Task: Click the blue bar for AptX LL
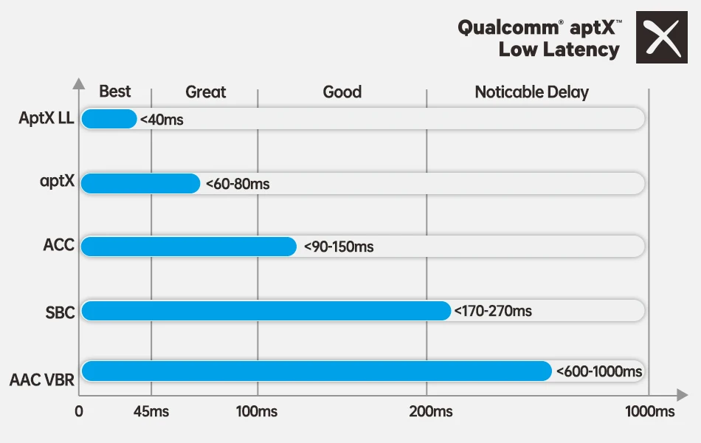click(108, 119)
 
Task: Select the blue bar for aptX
click(140, 183)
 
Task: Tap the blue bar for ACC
click(188, 247)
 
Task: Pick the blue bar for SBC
click(266, 311)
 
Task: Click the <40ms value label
click(162, 120)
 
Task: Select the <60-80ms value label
click(238, 184)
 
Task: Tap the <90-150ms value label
click(339, 247)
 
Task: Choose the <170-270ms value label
click(493, 311)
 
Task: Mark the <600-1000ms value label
click(599, 371)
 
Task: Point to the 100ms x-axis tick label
click(257, 411)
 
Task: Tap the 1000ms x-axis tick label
click(649, 411)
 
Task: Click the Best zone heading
click(114, 92)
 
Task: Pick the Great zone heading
click(205, 92)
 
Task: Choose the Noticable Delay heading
click(531, 92)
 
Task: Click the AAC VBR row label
click(42, 381)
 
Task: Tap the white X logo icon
click(662, 37)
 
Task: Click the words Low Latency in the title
click(559, 50)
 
